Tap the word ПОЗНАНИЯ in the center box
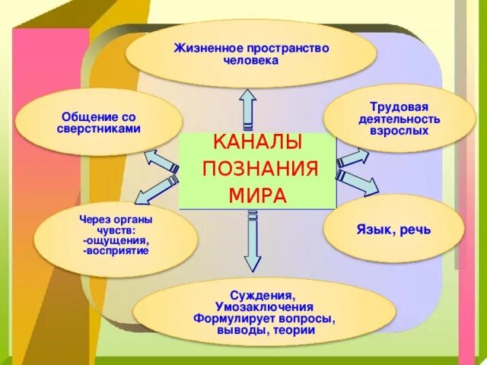tap(259, 169)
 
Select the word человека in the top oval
tap(252, 60)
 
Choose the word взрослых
tap(393, 131)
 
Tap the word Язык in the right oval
tap(375, 229)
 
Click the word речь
tap(415, 229)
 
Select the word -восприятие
tap(116, 251)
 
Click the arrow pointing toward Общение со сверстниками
tap(161, 160)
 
